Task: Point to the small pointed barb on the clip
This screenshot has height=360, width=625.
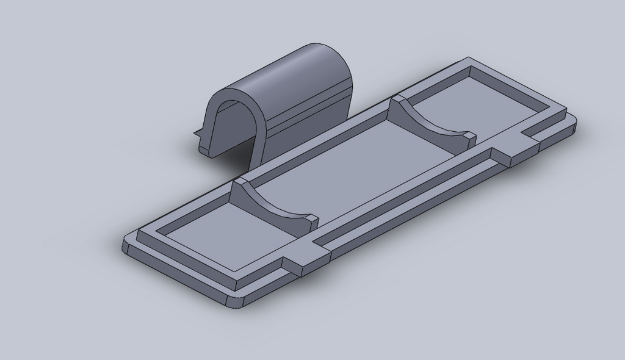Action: coord(197,131)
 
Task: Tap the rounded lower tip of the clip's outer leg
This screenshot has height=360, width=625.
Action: coord(205,149)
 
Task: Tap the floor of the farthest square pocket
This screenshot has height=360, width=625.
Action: coord(482,101)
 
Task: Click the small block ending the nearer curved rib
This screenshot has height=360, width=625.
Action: coord(312,220)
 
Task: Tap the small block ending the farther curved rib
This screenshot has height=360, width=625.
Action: coord(469,139)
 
